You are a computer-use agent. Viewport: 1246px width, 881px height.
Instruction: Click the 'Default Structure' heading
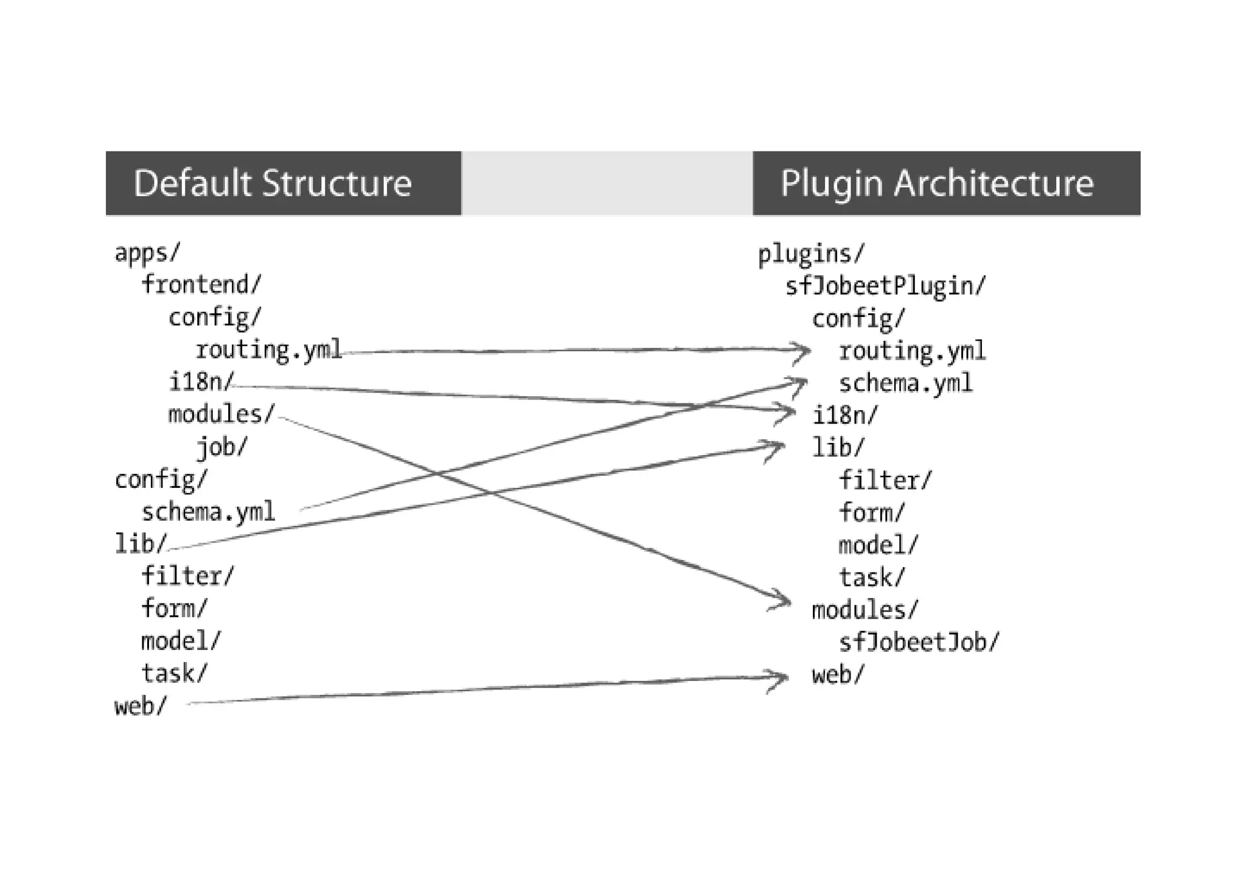pos(272,183)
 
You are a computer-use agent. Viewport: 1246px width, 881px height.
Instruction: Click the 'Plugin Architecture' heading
pos(936,183)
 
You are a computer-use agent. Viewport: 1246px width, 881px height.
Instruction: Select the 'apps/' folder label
pos(147,252)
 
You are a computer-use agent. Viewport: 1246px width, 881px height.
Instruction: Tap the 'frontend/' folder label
pos(201,284)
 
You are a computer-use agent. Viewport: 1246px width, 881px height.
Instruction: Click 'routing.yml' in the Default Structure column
pos(268,350)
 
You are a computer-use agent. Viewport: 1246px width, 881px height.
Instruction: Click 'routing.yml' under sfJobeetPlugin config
pos(911,351)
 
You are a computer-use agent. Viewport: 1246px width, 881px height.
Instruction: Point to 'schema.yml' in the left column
pos(208,512)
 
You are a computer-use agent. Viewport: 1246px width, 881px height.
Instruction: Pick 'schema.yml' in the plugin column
pos(905,383)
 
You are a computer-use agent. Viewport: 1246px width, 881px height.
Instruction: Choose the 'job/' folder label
pos(221,447)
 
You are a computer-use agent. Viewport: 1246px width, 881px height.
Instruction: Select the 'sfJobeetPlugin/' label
pos(885,286)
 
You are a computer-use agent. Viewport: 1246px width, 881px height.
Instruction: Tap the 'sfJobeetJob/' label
pos(918,642)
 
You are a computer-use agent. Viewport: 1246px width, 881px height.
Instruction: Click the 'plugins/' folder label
pos(810,254)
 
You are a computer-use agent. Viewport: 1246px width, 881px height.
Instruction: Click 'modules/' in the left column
pos(221,414)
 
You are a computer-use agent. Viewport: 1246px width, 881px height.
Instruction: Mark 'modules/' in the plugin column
pos(864,610)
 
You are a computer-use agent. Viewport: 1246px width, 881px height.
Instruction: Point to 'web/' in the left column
pos(140,706)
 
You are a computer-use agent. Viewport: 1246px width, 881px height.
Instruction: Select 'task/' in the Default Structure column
pos(174,674)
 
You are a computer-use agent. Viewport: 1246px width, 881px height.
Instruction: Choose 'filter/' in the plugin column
pos(885,481)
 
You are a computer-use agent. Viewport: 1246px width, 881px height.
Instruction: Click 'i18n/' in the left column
pos(201,382)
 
